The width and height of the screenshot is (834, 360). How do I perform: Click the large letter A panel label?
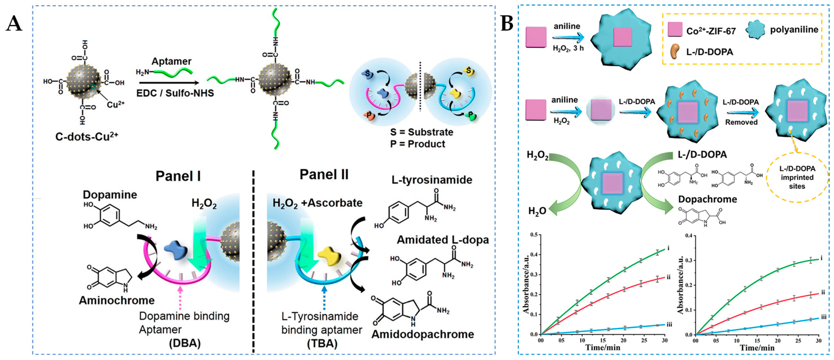14,24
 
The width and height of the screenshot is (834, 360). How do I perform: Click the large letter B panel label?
507,24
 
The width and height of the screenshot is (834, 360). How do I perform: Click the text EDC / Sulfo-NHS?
175,93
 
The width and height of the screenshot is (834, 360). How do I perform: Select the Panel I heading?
178,176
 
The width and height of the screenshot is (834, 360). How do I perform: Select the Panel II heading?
324,175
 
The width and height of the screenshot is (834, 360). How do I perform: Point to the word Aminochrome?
117,301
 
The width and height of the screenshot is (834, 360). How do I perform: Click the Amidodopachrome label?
423,334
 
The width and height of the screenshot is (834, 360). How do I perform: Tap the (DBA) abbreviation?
185,343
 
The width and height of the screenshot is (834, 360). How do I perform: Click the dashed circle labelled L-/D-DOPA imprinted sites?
797,177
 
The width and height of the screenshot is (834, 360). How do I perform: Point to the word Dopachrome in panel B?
707,199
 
